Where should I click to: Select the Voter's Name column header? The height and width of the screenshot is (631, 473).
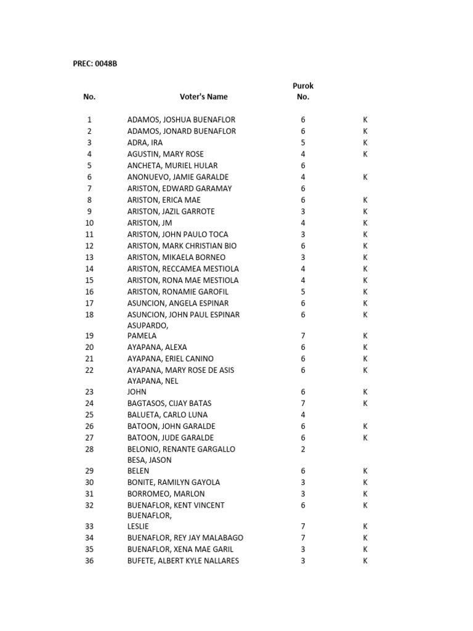(203, 97)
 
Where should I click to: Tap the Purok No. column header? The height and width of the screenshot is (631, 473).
(303, 91)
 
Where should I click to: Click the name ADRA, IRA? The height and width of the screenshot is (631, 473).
(145, 142)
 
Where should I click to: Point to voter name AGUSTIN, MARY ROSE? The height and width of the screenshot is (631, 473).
(165, 154)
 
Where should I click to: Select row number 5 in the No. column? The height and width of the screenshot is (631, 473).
(89, 165)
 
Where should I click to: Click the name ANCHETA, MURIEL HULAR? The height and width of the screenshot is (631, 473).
(172, 165)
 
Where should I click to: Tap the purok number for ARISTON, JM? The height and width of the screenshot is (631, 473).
(303, 222)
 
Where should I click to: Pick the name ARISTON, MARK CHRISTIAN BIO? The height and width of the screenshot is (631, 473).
(182, 246)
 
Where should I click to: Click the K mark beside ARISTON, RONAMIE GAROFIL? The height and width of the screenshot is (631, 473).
(365, 291)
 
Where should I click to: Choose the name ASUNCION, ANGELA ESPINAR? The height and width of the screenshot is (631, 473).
(177, 303)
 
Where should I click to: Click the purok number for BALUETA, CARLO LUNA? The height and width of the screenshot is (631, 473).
(303, 415)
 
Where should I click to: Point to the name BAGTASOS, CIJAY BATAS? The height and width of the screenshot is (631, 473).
(169, 404)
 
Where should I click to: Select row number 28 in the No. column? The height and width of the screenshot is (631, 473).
(89, 449)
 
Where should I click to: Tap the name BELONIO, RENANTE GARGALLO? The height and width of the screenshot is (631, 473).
(181, 449)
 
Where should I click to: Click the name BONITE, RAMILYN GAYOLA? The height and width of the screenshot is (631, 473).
(173, 482)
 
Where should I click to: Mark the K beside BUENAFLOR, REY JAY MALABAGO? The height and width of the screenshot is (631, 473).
(365, 538)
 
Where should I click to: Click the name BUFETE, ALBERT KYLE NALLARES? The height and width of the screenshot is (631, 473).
(183, 561)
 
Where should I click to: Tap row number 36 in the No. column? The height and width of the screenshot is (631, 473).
(89, 561)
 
